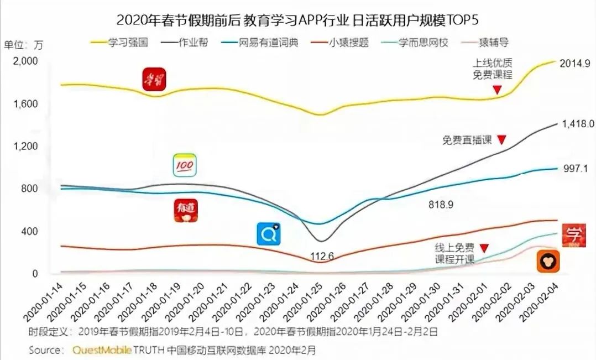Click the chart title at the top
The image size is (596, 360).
coord(297,20)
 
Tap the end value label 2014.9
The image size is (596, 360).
coord(574,64)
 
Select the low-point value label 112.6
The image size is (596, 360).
coord(323,255)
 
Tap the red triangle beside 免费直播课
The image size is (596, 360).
coord(501,139)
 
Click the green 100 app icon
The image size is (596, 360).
coord(185,165)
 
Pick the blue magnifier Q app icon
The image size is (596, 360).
coord(269,234)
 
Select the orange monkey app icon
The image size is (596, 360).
coord(548,261)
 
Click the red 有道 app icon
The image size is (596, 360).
coord(186,211)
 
